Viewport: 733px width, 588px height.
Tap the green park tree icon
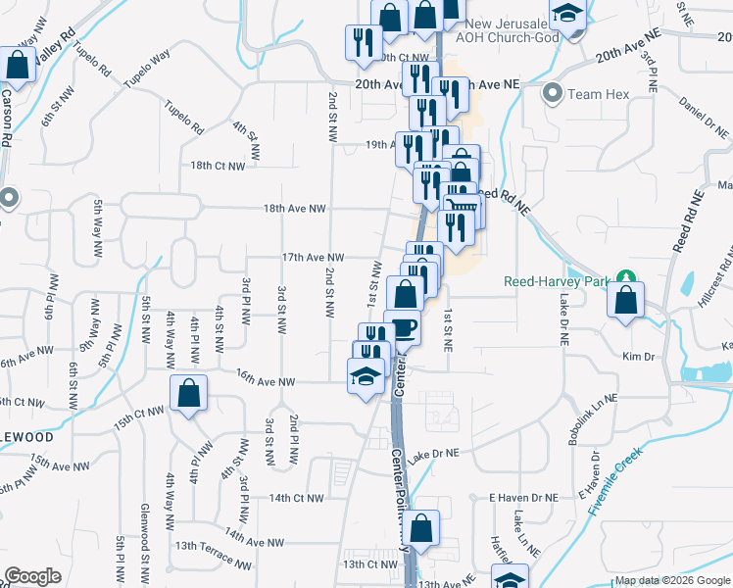(x=624, y=281)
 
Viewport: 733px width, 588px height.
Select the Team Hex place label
(x=597, y=94)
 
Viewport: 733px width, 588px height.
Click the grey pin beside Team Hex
(x=552, y=94)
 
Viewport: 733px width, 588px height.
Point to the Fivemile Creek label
(x=614, y=483)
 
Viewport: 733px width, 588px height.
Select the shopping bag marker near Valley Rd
(x=17, y=66)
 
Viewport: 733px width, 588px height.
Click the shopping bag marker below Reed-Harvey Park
(x=626, y=300)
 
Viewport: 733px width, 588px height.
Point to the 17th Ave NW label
(x=313, y=257)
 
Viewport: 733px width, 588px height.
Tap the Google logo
(x=32, y=576)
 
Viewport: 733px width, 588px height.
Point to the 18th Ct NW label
(x=218, y=166)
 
